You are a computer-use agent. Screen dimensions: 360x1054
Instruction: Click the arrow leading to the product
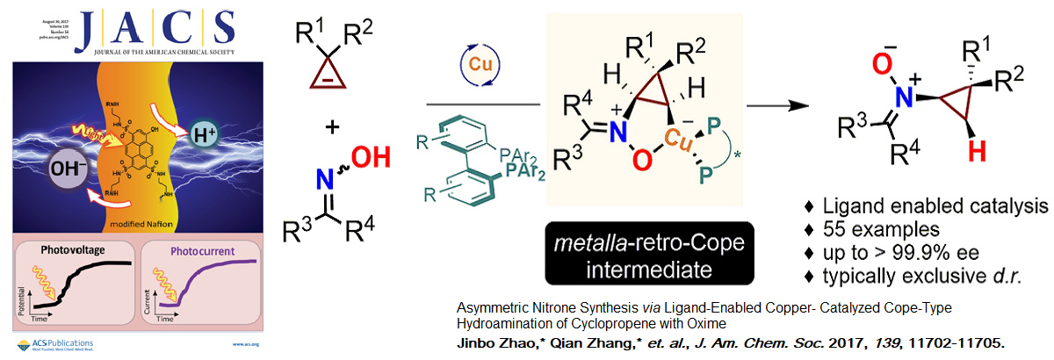(x=784, y=105)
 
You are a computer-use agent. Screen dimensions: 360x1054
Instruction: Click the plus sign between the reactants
(x=332, y=128)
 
